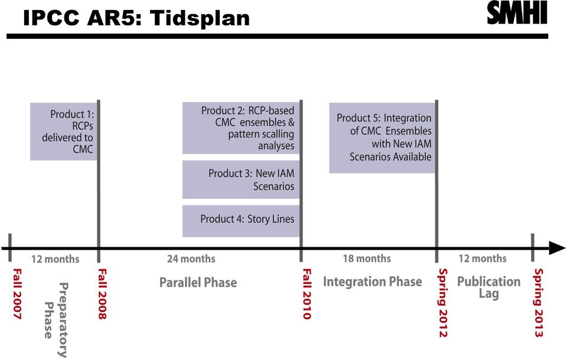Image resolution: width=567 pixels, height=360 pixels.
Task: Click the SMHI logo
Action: pos(517,13)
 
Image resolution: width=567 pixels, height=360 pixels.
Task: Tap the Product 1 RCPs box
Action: pos(64,132)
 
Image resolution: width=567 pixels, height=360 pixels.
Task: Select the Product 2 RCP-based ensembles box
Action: pos(241,128)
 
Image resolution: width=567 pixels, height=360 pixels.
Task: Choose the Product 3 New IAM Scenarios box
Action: pos(241,179)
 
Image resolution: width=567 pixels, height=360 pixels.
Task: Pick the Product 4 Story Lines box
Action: pos(241,221)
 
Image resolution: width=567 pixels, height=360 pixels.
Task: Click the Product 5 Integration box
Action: pos(382,138)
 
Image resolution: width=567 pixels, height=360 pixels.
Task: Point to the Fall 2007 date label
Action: pos(17,294)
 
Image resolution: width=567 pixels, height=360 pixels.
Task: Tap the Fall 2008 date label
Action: pos(103,294)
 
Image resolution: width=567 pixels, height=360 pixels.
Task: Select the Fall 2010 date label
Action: pos(307,294)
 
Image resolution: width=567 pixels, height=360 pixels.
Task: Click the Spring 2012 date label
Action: pos(443,303)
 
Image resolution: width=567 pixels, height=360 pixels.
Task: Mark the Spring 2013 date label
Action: pos(539,303)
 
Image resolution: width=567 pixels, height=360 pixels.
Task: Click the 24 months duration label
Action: pos(191,259)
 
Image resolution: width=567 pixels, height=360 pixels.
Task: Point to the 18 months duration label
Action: pos(367,258)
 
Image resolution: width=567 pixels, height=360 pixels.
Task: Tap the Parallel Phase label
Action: pos(198,282)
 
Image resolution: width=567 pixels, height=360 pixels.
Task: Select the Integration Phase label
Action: pos(373,282)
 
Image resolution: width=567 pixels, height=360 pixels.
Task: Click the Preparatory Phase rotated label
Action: pos(56,319)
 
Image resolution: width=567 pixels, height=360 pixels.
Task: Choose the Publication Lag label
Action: pos(489,287)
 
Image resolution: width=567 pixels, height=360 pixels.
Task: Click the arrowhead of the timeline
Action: pos(557,248)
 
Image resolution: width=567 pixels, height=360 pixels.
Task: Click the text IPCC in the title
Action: pos(51,18)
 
